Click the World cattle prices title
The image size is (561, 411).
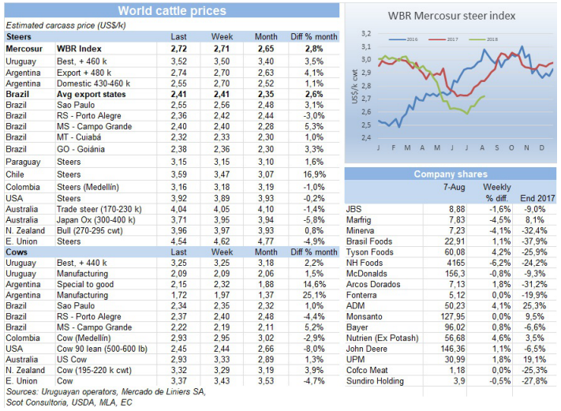tap(171, 11)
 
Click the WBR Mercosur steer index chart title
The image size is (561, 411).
tap(451, 15)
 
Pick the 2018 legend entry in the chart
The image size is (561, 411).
tap(488, 38)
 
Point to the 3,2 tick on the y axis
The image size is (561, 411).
tap(366, 34)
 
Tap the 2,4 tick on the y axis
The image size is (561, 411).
tap(366, 137)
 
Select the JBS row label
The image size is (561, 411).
tap(353, 208)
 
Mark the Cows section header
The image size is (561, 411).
tap(18, 251)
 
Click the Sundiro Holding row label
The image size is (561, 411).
tap(375, 382)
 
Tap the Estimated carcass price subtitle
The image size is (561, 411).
tap(76, 25)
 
